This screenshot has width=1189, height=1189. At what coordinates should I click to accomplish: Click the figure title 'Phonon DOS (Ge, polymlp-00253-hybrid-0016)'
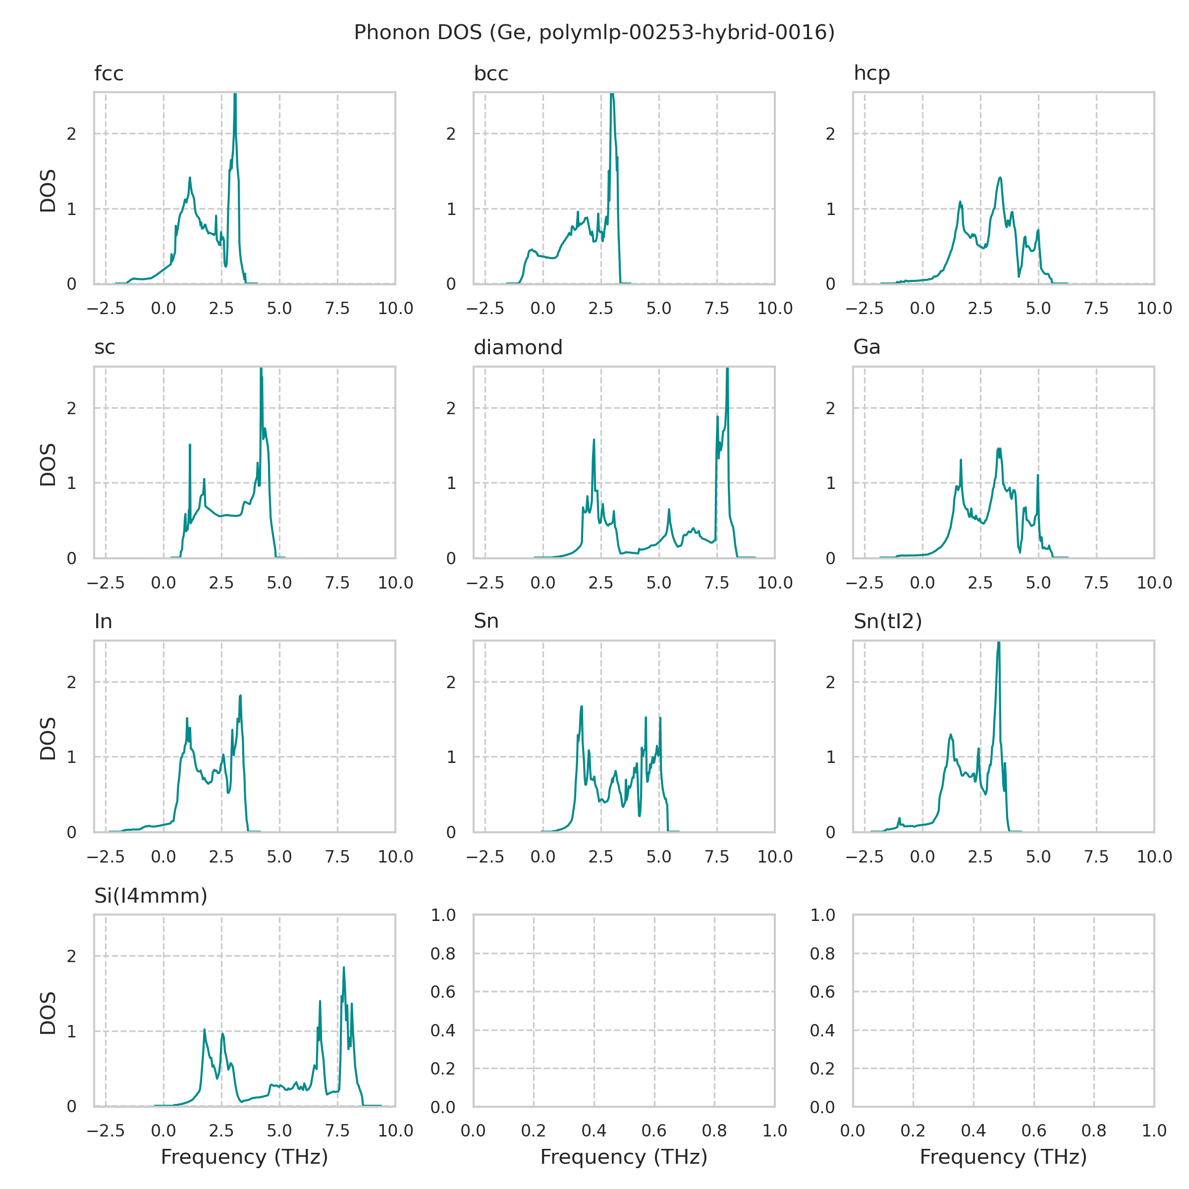coord(594,32)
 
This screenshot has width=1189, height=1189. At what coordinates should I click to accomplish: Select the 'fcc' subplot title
coord(109,73)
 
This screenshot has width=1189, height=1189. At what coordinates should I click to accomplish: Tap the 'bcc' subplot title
coord(490,73)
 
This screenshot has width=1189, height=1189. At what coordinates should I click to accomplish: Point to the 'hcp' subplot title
coord(871,73)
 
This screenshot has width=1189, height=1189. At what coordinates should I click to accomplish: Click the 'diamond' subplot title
coord(518,348)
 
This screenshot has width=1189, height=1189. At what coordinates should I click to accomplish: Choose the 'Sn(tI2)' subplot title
coord(887,622)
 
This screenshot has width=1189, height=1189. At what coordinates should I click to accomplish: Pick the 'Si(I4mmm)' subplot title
coord(151,896)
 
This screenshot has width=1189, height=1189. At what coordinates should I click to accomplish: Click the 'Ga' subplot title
coord(866,348)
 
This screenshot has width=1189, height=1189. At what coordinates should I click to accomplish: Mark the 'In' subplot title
coord(104,622)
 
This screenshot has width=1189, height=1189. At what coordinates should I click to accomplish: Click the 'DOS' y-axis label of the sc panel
coord(48,465)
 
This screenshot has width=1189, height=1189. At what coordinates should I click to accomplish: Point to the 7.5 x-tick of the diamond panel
coord(716,583)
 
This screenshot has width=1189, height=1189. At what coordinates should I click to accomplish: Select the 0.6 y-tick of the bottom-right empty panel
coord(822,991)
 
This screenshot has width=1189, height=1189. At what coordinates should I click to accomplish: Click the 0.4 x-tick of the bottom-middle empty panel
coord(594,1131)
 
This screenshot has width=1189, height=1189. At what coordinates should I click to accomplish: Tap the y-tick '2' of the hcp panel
coord(830,134)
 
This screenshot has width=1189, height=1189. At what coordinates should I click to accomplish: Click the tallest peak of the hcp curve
coord(1000,177)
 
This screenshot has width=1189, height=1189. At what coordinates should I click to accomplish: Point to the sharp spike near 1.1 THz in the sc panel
coord(190,444)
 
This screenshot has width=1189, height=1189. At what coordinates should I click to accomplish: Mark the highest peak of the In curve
coord(241,696)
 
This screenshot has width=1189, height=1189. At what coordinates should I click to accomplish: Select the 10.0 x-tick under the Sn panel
coord(774,857)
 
